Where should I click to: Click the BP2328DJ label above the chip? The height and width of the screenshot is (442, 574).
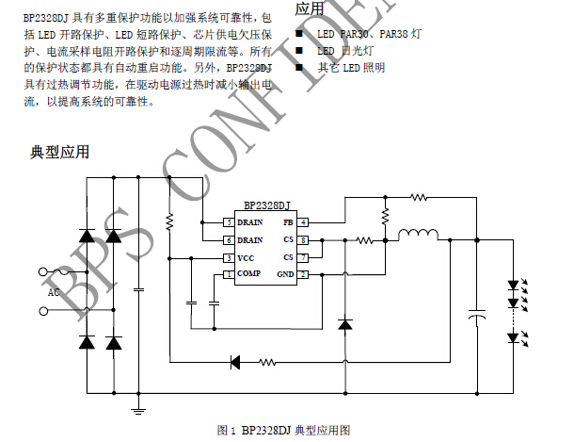(266, 205)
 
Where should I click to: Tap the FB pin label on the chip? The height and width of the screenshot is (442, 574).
(288, 222)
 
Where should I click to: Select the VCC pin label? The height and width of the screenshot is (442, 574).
(247, 257)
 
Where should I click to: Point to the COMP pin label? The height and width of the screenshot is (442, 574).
(249, 273)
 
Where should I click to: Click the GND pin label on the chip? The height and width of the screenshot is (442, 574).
(285, 274)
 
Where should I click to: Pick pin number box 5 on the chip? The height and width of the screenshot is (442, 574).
(228, 222)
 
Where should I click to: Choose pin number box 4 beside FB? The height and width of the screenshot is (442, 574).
(304, 222)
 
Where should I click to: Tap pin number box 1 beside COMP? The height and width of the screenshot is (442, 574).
(228, 274)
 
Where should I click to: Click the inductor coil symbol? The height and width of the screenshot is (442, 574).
(420, 236)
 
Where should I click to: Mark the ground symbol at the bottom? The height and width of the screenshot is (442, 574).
(139, 409)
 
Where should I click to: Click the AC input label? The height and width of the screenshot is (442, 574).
(54, 292)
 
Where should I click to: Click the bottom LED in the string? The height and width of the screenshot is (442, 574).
(514, 337)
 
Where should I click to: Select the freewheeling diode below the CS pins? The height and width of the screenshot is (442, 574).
(344, 324)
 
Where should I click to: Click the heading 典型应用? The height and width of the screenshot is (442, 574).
(60, 153)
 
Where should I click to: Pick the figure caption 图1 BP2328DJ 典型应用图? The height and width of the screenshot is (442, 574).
(283, 430)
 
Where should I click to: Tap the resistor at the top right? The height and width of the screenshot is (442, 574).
(418, 197)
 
